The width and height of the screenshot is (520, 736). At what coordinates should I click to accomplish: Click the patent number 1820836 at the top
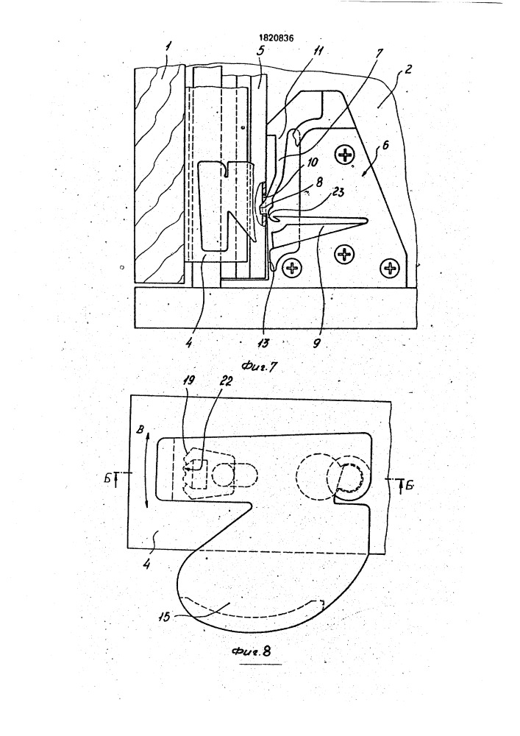pyautogui.click(x=276, y=38)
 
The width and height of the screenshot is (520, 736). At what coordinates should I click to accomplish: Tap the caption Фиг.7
pyautogui.click(x=259, y=367)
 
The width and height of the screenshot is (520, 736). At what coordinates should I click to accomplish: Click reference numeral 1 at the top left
pyautogui.click(x=168, y=47)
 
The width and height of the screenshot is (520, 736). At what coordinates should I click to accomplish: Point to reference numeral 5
pyautogui.click(x=260, y=51)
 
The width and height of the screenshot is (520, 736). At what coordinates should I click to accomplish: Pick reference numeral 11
pyautogui.click(x=318, y=51)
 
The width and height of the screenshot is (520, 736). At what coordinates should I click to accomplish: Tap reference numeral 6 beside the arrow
pyautogui.click(x=385, y=145)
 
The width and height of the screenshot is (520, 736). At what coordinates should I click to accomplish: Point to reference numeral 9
pyautogui.click(x=316, y=343)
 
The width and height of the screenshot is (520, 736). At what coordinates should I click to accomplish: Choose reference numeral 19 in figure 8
pyautogui.click(x=189, y=381)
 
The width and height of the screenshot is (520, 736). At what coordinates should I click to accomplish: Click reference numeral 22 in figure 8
pyautogui.click(x=226, y=381)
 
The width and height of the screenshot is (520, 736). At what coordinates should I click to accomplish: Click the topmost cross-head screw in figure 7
pyautogui.click(x=346, y=155)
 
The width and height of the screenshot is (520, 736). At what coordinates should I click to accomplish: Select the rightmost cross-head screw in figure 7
pyautogui.click(x=390, y=268)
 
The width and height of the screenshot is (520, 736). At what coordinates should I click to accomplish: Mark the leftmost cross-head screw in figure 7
pyautogui.click(x=293, y=269)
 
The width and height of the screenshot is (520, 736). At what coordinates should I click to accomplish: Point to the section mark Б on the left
pyautogui.click(x=108, y=478)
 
